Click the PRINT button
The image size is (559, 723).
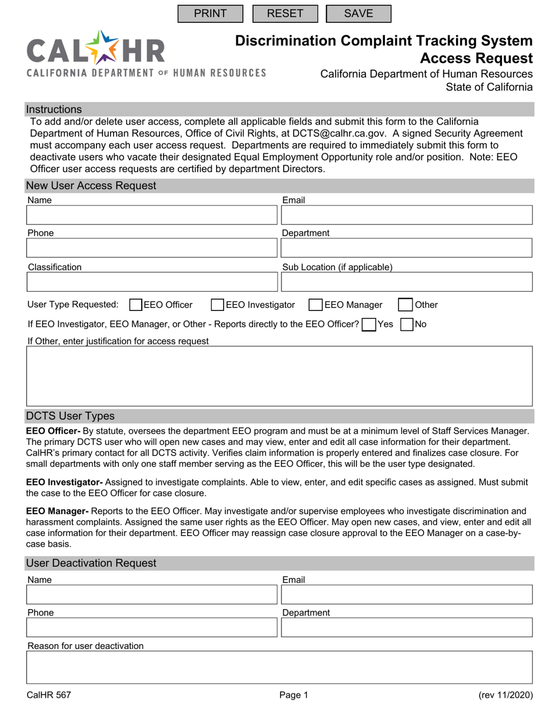[210, 14]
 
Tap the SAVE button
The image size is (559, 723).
[358, 14]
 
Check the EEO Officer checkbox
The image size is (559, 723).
[135, 304]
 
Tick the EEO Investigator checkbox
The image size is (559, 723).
[218, 304]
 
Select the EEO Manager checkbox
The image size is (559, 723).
[316, 304]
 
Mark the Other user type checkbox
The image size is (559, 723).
[405, 304]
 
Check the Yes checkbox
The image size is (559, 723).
[369, 324]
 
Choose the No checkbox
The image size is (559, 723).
[407, 324]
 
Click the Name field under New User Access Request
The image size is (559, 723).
[151, 215]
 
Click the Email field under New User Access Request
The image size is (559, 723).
[407, 215]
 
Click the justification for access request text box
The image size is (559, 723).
[280, 376]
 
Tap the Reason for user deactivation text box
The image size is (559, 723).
[280, 667]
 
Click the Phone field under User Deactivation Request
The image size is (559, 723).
[151, 628]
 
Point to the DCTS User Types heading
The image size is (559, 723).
[70, 416]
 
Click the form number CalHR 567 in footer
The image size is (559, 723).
[49, 695]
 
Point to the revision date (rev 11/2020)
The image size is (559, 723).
[505, 695]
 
